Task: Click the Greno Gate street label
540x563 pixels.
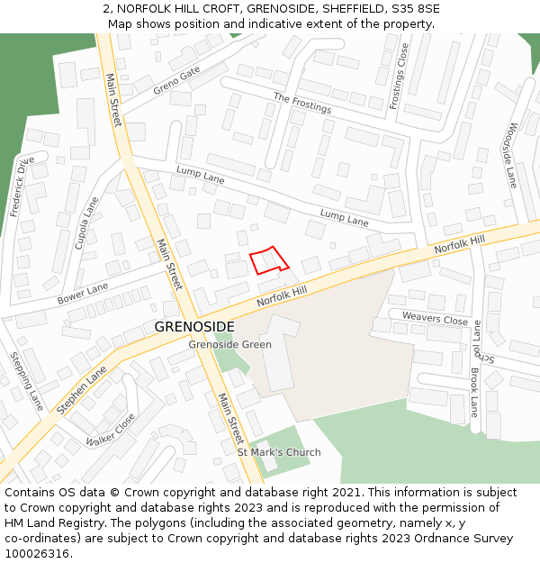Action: point(176,79)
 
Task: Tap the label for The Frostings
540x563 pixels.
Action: point(302,103)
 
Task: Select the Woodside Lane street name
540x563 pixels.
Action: point(512,155)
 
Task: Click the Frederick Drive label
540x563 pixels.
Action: point(22,186)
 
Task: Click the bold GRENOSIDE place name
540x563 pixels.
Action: point(194,326)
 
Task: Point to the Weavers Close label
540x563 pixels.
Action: point(435,318)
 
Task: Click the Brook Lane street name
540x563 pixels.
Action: point(474,393)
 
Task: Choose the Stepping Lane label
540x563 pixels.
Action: point(26,381)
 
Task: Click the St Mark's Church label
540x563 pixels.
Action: point(279,452)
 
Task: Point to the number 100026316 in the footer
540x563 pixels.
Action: point(37,554)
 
